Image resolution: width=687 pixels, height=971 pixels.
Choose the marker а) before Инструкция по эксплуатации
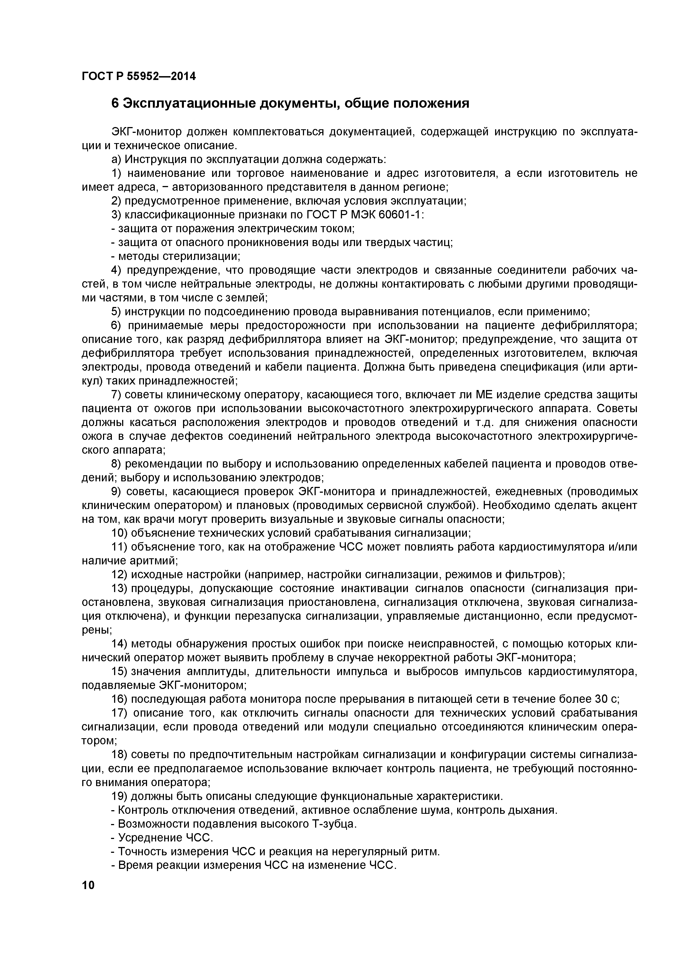click(x=116, y=159)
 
